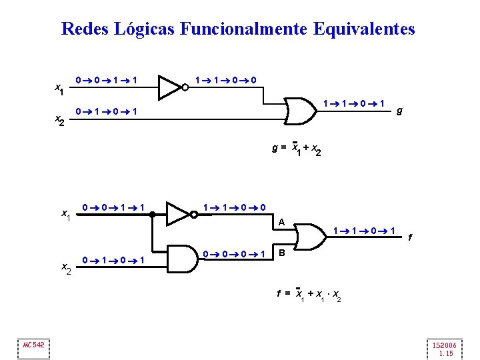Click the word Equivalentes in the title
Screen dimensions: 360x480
pyautogui.click(x=363, y=29)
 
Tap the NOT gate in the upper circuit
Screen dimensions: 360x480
pyautogui.click(x=171, y=86)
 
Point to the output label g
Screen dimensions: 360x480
pyautogui.click(x=399, y=111)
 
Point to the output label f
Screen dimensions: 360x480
pyautogui.click(x=409, y=237)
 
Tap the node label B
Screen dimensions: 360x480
pyautogui.click(x=282, y=253)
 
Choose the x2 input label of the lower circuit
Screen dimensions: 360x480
pyautogui.click(x=67, y=267)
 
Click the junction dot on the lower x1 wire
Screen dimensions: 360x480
pyautogui.click(x=153, y=214)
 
